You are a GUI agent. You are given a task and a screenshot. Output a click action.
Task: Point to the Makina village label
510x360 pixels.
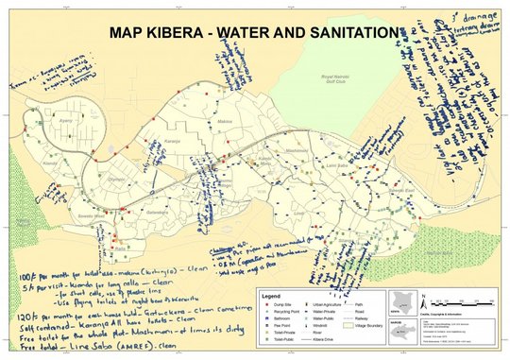click(224, 121)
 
